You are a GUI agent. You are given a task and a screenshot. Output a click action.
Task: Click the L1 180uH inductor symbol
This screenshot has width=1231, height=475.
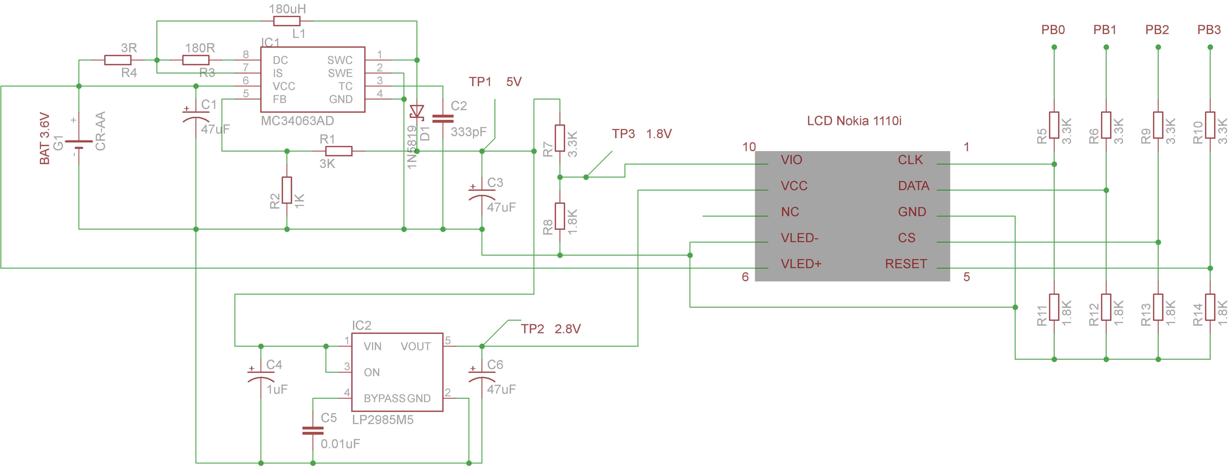287,21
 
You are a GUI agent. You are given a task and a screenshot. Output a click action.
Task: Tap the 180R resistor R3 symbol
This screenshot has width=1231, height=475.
196,60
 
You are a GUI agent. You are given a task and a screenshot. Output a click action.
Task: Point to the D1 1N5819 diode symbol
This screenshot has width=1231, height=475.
417,112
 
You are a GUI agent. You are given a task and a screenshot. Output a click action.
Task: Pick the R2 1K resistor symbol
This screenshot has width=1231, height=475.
287,190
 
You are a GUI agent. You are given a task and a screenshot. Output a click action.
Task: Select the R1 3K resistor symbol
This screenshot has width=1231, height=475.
339,151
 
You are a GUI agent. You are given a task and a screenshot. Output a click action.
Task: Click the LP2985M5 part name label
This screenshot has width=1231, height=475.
383,420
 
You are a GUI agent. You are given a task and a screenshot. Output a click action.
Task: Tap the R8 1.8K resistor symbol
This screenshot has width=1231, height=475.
559,216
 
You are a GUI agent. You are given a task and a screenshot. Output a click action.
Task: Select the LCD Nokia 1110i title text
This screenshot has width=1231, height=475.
854,121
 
